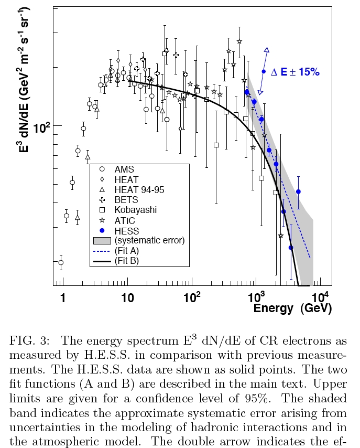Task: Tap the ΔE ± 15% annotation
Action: pos(294,72)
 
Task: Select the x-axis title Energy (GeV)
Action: pos(292,308)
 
